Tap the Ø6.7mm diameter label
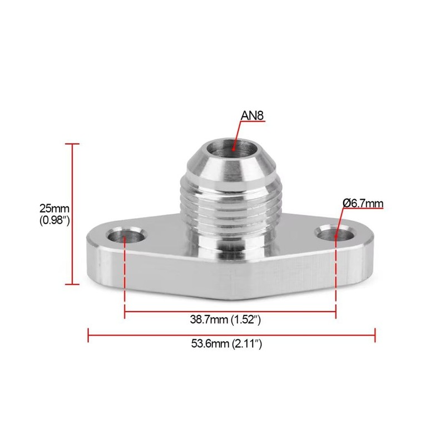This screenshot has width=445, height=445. [363, 204]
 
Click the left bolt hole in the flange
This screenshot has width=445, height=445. [124, 236]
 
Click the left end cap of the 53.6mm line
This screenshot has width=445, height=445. [89, 335]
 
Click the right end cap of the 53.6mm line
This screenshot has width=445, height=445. [375, 335]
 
